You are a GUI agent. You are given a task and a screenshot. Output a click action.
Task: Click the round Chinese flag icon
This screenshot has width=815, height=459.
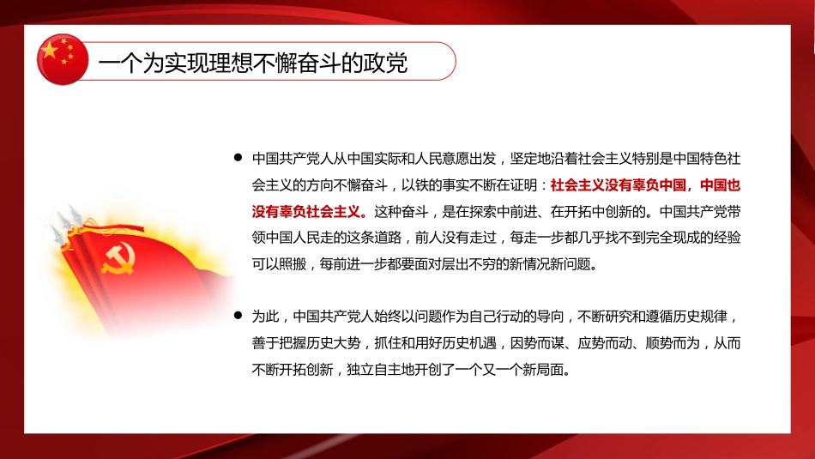(x=62, y=59)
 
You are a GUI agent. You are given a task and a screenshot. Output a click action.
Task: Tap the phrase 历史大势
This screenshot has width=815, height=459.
(x=345, y=342)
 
